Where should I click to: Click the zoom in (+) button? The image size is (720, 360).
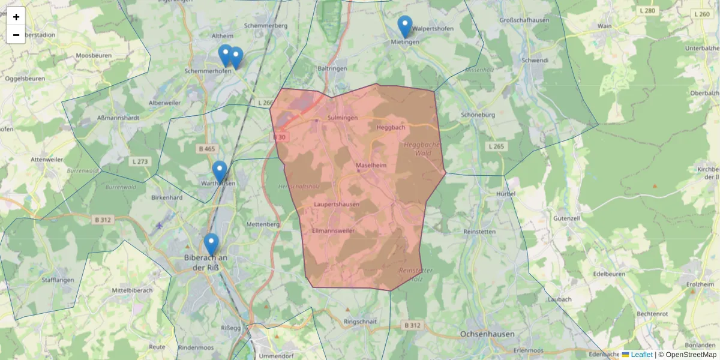pos(16,17)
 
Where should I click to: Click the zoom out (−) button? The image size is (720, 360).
pos(16,35)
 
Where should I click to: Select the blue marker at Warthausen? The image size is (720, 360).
pos(220,172)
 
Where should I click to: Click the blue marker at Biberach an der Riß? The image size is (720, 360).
pos(211,244)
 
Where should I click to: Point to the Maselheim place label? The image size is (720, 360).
pos(371,165)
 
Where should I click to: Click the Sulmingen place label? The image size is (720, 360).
pos(343,118)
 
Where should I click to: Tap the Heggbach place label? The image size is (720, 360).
pos(391,127)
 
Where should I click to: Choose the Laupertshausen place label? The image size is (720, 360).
pos(337,205)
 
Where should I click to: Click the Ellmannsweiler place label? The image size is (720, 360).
pos(334,230)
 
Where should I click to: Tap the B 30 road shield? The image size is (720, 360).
pos(280,137)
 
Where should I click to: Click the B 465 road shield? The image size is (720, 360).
pos(206,148)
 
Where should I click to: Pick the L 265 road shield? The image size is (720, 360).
pos(496,146)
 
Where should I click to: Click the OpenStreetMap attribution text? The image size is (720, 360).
pos(691,355)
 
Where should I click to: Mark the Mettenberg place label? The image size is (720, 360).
pos(263,224)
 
